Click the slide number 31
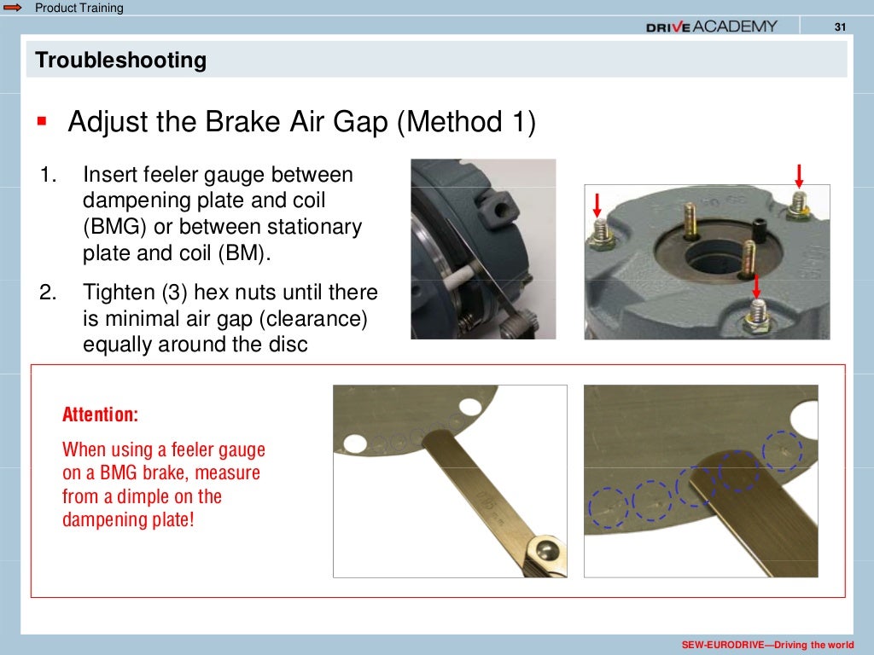pyautogui.click(x=839, y=26)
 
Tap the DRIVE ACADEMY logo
pyautogui.click(x=711, y=26)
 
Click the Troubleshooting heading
pyautogui.click(x=120, y=61)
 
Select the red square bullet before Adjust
pyautogui.click(x=40, y=122)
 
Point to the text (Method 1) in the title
pyautogui.click(x=466, y=122)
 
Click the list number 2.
pyautogui.click(x=48, y=293)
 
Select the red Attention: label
pyautogui.click(x=100, y=415)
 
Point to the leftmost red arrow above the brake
pyautogui.click(x=597, y=205)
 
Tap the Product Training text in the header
pyautogui.click(x=79, y=8)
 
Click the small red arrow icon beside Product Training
pyautogui.click(x=14, y=8)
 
